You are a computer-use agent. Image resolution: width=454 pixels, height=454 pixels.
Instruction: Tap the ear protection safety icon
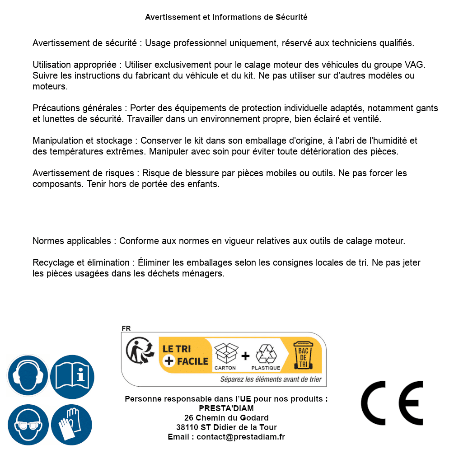tap(27, 376)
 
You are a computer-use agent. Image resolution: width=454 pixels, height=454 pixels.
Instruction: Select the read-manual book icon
tap(72, 376)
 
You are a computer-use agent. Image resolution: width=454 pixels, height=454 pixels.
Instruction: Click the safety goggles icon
tap(27, 425)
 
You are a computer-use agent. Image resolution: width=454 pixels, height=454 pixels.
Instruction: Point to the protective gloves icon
tap(72, 425)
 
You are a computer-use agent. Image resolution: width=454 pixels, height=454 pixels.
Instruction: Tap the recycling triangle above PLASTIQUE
tap(266, 354)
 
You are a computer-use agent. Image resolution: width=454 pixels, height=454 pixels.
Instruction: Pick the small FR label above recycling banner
tap(126, 328)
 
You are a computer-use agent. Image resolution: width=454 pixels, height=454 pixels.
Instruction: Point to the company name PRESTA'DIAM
tap(226, 408)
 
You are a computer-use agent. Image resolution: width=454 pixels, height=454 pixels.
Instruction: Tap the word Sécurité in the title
tap(291, 17)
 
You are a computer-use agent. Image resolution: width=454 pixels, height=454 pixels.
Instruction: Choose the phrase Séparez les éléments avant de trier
tap(271, 379)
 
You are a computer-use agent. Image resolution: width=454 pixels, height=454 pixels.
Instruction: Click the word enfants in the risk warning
tap(204, 184)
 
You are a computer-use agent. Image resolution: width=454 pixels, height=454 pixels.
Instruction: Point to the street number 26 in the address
tap(189, 418)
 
